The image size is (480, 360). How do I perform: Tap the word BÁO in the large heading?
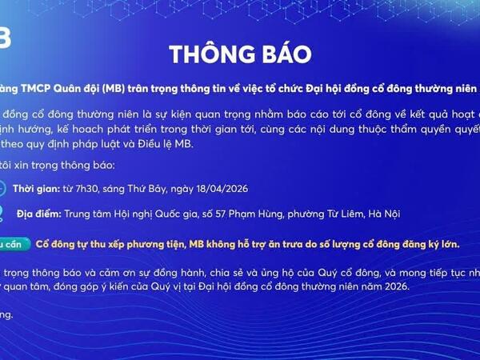point(281,54)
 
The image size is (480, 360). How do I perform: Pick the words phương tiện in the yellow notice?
point(156,244)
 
